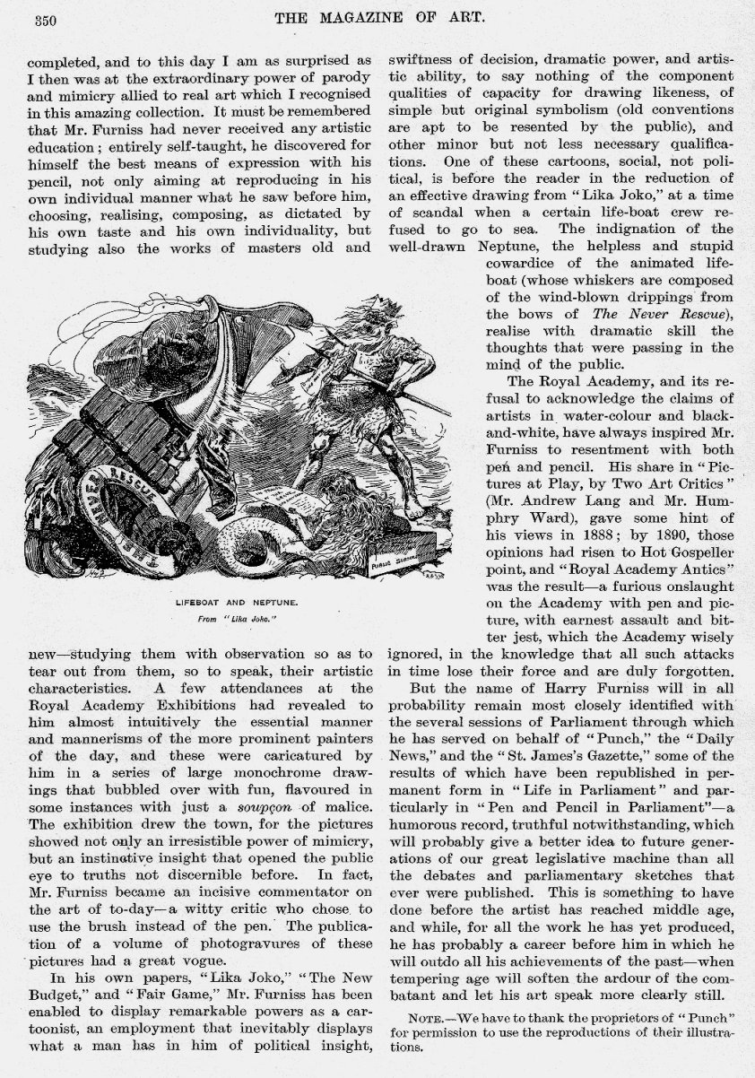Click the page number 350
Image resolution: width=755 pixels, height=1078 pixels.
[x=46, y=22]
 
